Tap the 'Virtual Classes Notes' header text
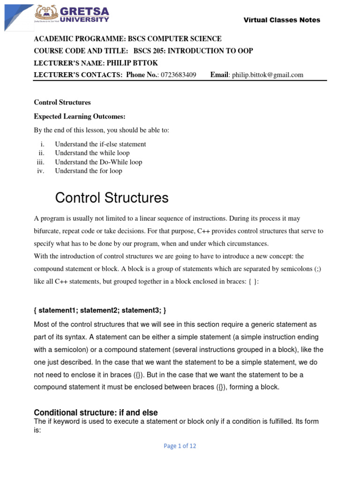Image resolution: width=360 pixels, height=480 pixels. point(282,20)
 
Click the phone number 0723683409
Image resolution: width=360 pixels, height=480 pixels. point(179,75)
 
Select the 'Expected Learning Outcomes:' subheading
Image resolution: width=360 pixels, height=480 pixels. point(80,116)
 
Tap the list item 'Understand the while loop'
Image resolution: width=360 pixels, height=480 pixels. point(92,153)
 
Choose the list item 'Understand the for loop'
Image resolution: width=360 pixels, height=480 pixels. point(89,171)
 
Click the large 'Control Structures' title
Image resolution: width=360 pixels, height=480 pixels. point(112,198)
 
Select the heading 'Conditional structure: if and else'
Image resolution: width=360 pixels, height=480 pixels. point(96,412)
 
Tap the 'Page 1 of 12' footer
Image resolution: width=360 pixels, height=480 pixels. point(180,446)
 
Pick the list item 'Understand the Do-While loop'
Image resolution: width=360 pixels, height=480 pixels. point(98,162)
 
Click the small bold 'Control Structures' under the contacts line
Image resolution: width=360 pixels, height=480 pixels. point(62,102)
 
